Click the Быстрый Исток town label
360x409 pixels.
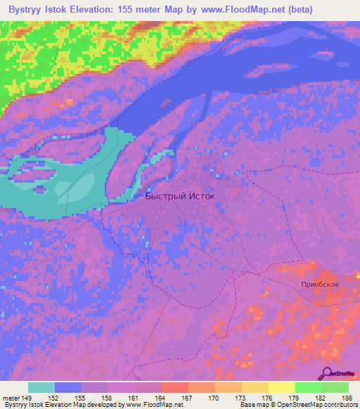click(x=180, y=197)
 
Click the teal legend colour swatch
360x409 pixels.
click(x=41, y=387)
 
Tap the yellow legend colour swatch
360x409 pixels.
click(x=282, y=387)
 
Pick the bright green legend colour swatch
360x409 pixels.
click(x=309, y=387)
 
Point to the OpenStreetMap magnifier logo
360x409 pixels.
click(x=328, y=373)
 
